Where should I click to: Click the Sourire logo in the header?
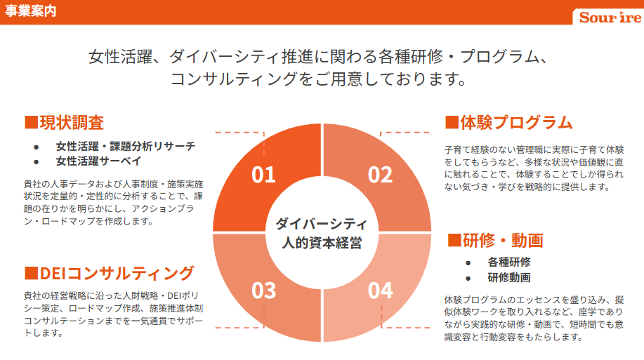pyautogui.click(x=610, y=18)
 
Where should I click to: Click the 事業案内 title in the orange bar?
pyautogui.click(x=30, y=11)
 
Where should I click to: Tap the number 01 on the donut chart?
pyautogui.click(x=263, y=175)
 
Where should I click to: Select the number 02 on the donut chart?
pyautogui.click(x=380, y=175)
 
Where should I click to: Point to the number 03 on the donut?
pyautogui.click(x=263, y=291)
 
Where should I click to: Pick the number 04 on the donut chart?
pyautogui.click(x=381, y=291)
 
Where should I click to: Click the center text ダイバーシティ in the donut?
pyautogui.click(x=321, y=224)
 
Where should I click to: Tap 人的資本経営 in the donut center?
pyautogui.click(x=322, y=243)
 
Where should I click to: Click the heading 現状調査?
pyautogui.click(x=72, y=122)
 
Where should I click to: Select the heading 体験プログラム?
pyautogui.click(x=516, y=122)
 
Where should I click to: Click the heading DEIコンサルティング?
pyautogui.click(x=117, y=273)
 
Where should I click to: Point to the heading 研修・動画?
pyautogui.click(x=503, y=240)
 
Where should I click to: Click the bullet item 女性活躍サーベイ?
pyautogui.click(x=98, y=161)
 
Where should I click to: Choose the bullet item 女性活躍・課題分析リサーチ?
pyautogui.click(x=126, y=146)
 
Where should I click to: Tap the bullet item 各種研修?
pyautogui.click(x=509, y=262)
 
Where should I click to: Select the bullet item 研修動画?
pyautogui.click(x=509, y=277)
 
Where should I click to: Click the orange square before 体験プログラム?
pyautogui.click(x=452, y=122)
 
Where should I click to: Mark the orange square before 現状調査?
pyautogui.click(x=31, y=122)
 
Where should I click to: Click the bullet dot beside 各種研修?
pyautogui.click(x=468, y=262)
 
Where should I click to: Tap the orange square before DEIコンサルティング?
pyautogui.click(x=31, y=273)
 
